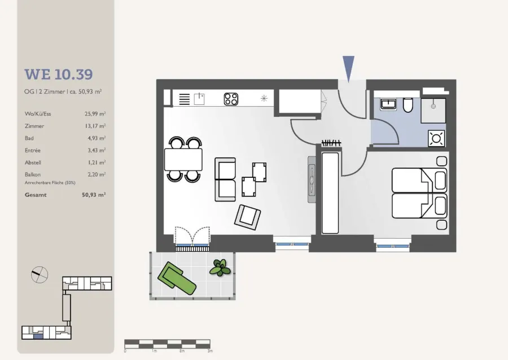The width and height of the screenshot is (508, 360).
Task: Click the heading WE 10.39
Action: [x=59, y=74]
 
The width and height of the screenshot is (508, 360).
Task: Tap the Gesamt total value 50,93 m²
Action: [x=94, y=195]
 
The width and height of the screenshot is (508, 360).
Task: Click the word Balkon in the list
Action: [x=33, y=174]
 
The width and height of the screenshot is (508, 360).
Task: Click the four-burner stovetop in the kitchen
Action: [x=231, y=99]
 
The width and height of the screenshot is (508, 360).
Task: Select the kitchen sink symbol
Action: [x=199, y=99]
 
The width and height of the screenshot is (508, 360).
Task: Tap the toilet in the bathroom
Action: [x=408, y=105]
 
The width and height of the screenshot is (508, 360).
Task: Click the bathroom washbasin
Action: [x=388, y=104]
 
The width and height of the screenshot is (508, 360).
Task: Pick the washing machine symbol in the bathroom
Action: [x=436, y=139]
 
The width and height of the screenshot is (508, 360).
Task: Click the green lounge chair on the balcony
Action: [x=177, y=278]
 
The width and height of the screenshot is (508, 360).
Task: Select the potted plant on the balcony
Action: [x=220, y=267]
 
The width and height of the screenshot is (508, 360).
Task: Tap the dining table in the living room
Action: [x=183, y=159]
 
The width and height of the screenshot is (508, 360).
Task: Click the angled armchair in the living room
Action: [x=247, y=217]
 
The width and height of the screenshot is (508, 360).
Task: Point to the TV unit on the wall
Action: [x=312, y=179]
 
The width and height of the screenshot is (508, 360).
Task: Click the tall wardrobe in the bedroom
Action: [x=330, y=193]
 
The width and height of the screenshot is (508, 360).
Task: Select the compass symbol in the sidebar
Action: [x=40, y=275]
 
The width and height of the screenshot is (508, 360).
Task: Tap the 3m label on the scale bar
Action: [x=210, y=351]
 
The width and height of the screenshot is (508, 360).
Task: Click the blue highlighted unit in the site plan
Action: [x=38, y=337]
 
